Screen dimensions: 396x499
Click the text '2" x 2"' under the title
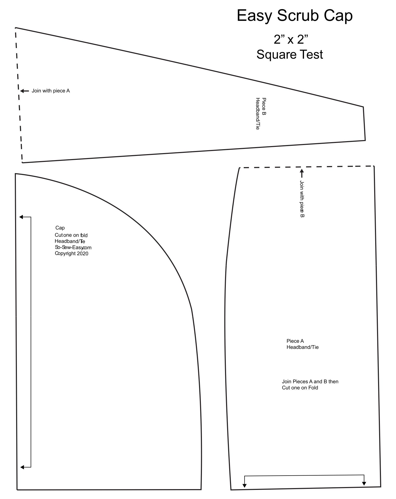tap(291, 40)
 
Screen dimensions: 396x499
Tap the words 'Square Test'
tap(290, 55)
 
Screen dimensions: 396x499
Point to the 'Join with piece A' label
tap(51, 91)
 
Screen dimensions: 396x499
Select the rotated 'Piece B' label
tap(264, 106)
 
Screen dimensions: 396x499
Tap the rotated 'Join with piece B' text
tap(302, 199)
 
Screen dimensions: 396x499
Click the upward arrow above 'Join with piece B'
tap(302, 173)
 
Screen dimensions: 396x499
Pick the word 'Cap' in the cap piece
tap(60, 228)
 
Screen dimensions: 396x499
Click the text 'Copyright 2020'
tap(71, 254)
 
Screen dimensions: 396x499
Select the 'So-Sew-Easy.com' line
tap(73, 247)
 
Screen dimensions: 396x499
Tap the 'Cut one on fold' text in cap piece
tap(71, 235)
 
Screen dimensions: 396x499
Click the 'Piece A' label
tap(295, 341)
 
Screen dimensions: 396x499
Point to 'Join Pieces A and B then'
tap(310, 382)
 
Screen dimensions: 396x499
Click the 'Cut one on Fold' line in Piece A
tap(300, 388)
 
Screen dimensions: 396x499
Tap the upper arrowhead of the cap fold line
tap(21, 217)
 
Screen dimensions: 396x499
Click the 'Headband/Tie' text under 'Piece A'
tap(302, 347)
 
